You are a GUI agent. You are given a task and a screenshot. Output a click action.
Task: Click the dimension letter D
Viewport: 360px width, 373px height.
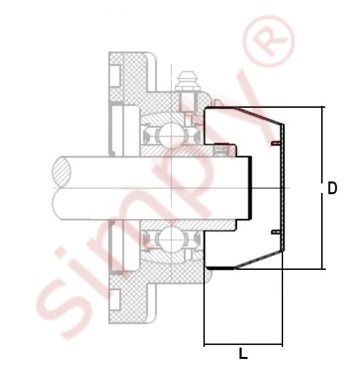[x=332, y=188]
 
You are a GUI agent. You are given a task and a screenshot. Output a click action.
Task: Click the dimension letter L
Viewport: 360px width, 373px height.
[x=243, y=354]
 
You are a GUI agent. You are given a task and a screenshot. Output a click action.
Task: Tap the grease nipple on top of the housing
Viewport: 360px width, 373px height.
[x=188, y=81]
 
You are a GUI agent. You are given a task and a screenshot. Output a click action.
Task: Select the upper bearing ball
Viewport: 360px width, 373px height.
[x=171, y=135]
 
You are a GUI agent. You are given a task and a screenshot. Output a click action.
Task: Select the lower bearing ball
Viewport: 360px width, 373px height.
[x=171, y=239]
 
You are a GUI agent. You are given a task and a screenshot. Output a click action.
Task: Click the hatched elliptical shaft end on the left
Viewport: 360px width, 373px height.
[x=62, y=171]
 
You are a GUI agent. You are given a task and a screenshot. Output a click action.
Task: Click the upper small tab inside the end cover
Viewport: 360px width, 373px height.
[x=276, y=143]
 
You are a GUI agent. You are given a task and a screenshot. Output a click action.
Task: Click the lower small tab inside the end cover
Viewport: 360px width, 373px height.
[x=276, y=232]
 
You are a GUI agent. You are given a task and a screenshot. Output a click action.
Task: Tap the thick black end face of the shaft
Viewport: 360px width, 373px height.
[x=250, y=188]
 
